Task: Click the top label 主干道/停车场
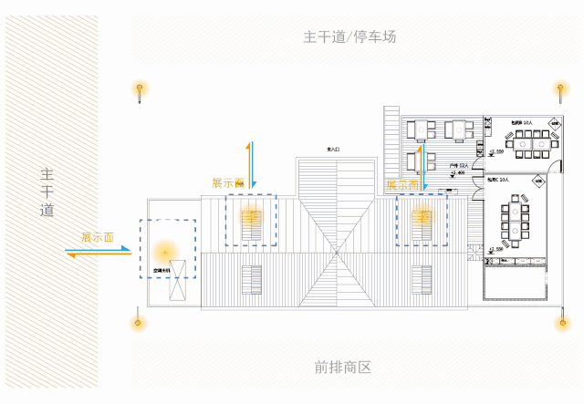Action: tap(349, 37)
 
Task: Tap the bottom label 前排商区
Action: tap(343, 368)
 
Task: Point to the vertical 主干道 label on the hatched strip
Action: tap(47, 192)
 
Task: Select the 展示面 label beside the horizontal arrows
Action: tap(97, 237)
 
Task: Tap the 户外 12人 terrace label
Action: tap(457, 165)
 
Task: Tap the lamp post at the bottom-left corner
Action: tap(139, 321)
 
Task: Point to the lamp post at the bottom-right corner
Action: tap(560, 321)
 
